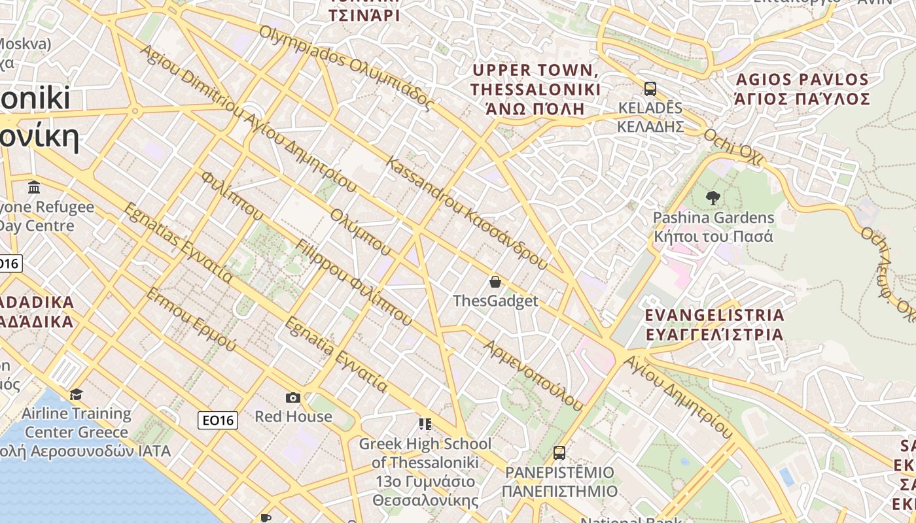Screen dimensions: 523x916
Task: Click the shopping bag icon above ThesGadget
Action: (x=495, y=282)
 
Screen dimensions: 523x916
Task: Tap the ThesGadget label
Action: (x=495, y=301)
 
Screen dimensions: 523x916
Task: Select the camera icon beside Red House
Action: (x=293, y=397)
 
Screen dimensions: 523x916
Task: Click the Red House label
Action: (x=293, y=416)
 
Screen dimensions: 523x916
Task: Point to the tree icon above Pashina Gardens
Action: (x=713, y=197)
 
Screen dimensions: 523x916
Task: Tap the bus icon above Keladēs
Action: (x=650, y=89)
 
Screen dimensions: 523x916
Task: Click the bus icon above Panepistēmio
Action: (x=559, y=452)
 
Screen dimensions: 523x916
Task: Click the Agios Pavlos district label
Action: (x=802, y=90)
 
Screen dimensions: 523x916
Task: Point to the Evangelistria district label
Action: (x=714, y=324)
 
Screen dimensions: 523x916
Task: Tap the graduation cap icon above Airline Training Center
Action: (x=77, y=394)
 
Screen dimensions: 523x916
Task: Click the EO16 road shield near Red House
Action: (x=218, y=420)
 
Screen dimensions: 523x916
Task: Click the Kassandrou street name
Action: (x=467, y=213)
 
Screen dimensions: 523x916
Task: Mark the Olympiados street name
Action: (x=347, y=67)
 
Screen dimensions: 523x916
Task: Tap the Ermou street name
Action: (x=190, y=320)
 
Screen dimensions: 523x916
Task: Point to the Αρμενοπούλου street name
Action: (x=533, y=375)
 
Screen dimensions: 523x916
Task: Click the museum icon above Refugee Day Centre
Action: (x=34, y=188)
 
